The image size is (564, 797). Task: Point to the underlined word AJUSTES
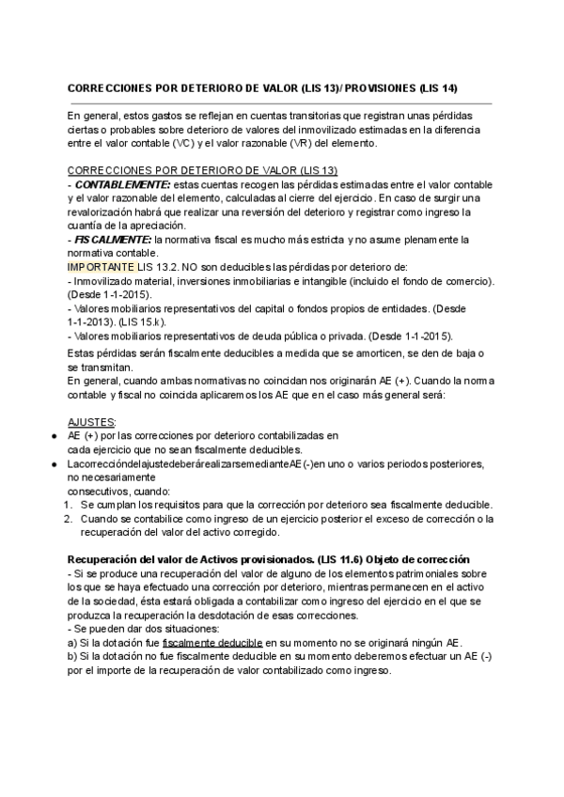click(x=93, y=423)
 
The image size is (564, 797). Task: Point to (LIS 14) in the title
click(x=437, y=88)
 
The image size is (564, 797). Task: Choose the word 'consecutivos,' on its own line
click(x=103, y=491)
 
